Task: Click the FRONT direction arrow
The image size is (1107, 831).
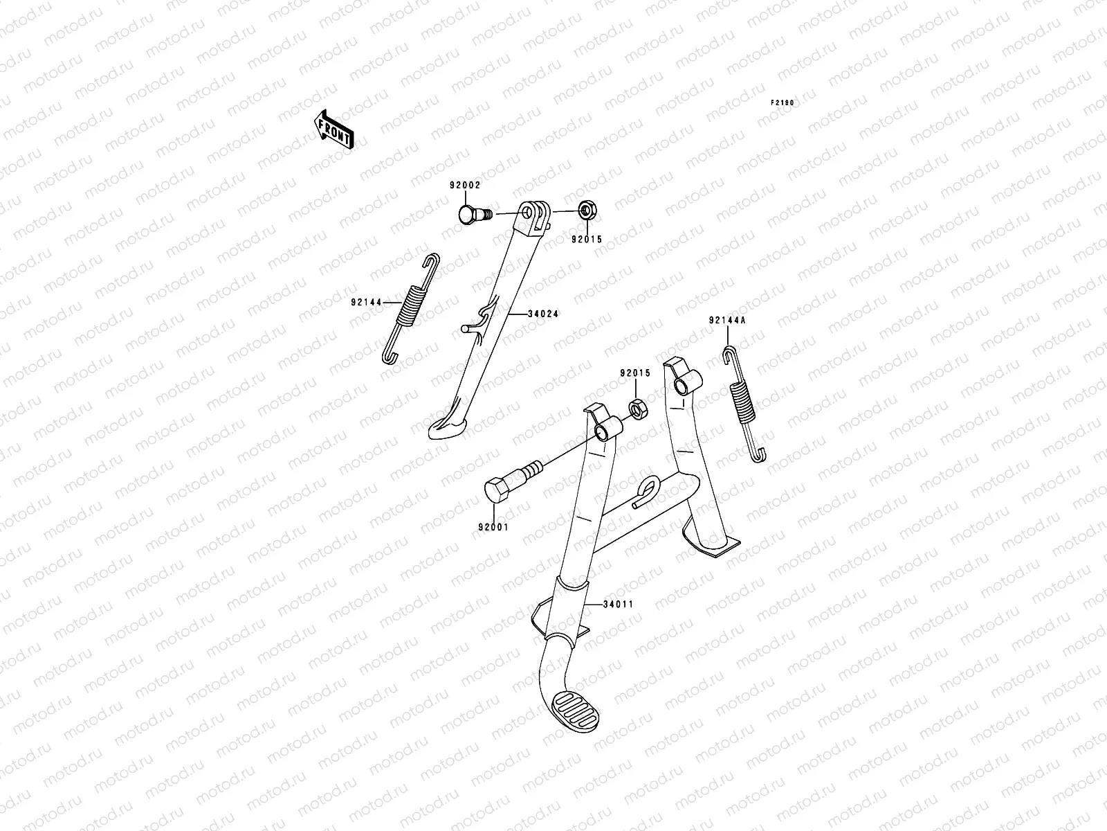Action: click(334, 129)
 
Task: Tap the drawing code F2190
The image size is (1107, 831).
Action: click(783, 102)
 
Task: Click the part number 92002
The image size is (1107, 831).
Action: click(464, 186)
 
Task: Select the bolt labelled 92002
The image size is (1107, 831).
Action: click(473, 213)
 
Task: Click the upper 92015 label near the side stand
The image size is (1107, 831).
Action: click(586, 240)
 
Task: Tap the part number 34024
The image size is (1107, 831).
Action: click(543, 314)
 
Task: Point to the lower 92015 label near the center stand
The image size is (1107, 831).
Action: click(634, 373)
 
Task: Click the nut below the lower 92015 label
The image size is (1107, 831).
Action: click(638, 409)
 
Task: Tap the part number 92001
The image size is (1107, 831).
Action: click(493, 526)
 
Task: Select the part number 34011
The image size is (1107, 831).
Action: click(618, 605)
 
